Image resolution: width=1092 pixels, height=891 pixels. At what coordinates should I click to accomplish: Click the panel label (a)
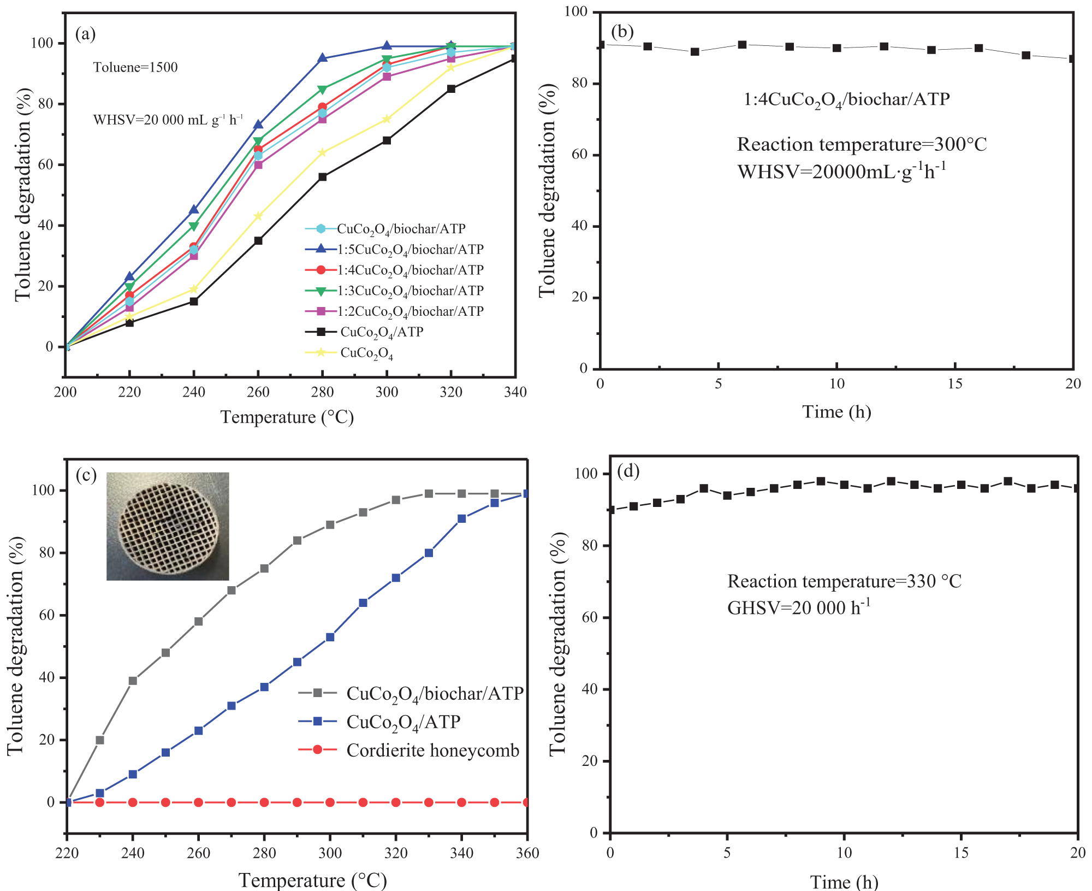pyautogui.click(x=86, y=34)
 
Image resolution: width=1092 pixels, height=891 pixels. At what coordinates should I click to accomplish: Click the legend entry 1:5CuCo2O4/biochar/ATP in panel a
pyautogui.click(x=394, y=250)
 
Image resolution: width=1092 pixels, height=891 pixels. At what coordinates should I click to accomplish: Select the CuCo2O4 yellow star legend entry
pyautogui.click(x=349, y=353)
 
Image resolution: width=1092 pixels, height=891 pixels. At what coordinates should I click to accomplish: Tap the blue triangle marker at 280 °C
pyautogui.click(x=322, y=58)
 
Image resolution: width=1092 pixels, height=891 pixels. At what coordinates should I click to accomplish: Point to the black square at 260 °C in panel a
pyautogui.click(x=258, y=240)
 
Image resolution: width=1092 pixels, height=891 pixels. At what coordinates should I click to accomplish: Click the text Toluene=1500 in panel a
pyautogui.click(x=135, y=67)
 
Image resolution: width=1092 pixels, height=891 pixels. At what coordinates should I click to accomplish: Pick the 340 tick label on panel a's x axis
pyautogui.click(x=515, y=392)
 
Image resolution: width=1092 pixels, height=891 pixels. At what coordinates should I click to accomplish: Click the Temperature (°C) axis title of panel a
pyautogui.click(x=287, y=417)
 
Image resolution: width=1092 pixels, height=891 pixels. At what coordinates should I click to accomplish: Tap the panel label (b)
pyautogui.click(x=622, y=32)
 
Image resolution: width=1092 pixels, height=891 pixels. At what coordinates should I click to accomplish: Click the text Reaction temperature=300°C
pyautogui.click(x=862, y=144)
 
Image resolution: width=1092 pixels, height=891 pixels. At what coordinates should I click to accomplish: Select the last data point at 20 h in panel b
pyautogui.click(x=1072, y=58)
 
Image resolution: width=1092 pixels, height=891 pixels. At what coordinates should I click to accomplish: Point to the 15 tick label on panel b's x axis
pyautogui.click(x=955, y=383)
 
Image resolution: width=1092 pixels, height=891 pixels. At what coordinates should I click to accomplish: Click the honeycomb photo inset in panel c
pyautogui.click(x=168, y=526)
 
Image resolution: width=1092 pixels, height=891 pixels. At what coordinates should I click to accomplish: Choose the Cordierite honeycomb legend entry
pyautogui.click(x=409, y=750)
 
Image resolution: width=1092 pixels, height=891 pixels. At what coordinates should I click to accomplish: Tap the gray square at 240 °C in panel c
pyautogui.click(x=133, y=681)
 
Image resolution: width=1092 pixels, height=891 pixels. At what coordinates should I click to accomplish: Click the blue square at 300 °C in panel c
pyautogui.click(x=330, y=637)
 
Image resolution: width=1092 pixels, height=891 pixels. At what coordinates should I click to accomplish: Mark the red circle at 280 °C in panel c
pyautogui.click(x=264, y=803)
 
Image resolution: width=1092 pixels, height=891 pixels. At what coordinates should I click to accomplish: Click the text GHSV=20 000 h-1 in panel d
pyautogui.click(x=799, y=607)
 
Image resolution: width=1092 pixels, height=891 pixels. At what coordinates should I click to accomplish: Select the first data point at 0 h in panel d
pyautogui.click(x=610, y=510)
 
